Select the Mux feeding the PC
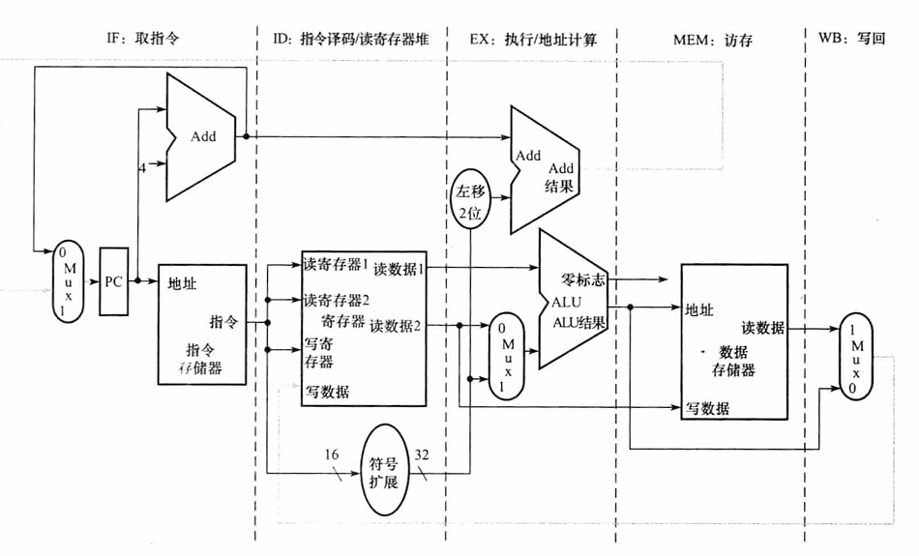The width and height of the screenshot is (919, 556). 68,280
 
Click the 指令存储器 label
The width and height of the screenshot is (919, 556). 202,358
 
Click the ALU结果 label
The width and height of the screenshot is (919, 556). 579,322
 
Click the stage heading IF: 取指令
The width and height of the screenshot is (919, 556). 144,40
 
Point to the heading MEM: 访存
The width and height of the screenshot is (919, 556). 712,41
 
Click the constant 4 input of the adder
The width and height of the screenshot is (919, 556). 141,167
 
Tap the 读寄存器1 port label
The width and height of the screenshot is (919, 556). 336,264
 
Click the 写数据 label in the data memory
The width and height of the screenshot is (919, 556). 707,408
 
